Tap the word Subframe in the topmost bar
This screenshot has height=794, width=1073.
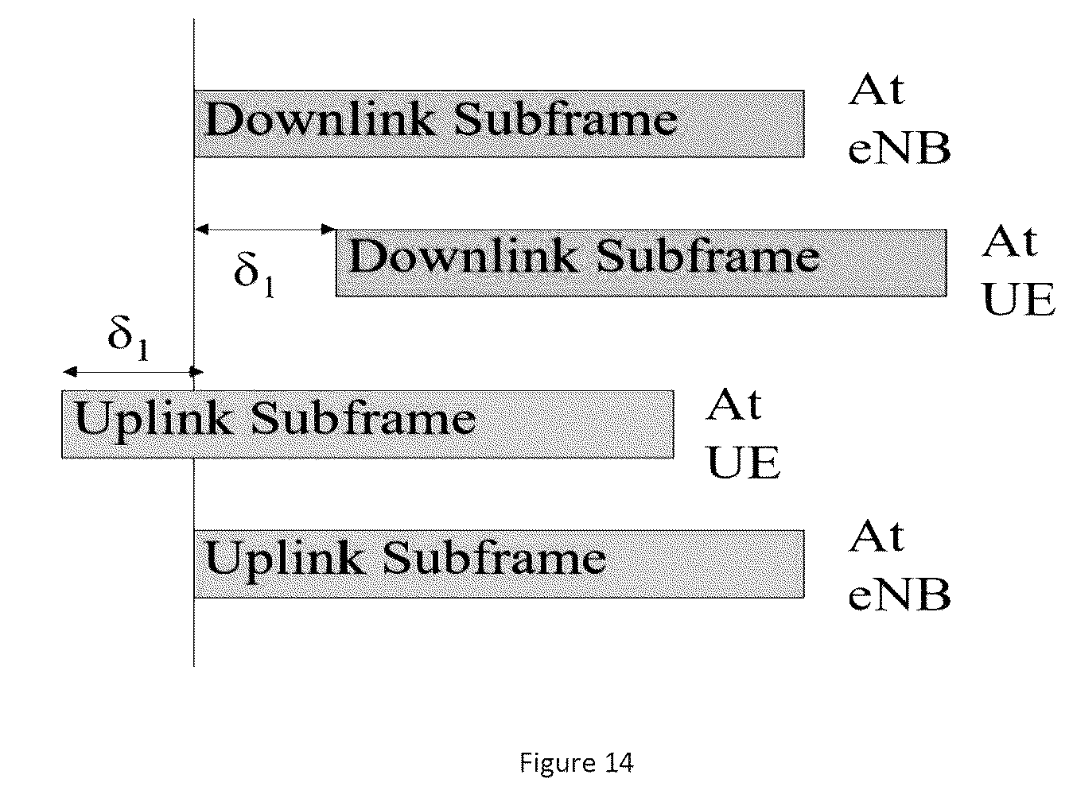click(x=566, y=119)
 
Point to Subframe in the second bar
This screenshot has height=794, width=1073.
click(x=708, y=256)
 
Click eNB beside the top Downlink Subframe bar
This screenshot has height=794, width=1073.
click(x=900, y=148)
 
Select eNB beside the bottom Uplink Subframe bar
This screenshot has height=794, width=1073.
click(x=900, y=595)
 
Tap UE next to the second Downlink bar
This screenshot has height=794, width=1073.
click(x=1019, y=300)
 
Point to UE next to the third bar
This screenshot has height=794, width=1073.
click(x=744, y=463)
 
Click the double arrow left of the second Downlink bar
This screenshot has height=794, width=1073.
click(x=266, y=229)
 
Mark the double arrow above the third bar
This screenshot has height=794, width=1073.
click(x=133, y=371)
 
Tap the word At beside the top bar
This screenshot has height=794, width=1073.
click(x=877, y=90)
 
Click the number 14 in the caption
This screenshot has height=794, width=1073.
click(x=619, y=763)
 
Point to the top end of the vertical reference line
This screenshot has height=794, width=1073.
click(x=194, y=19)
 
